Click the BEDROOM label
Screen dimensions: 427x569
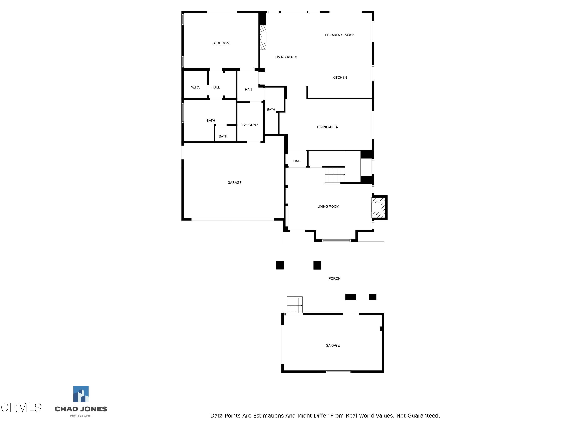(x=221, y=43)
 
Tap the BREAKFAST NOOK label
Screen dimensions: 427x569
(x=340, y=35)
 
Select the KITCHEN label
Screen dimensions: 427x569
(x=340, y=77)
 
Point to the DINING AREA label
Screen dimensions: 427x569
(x=327, y=127)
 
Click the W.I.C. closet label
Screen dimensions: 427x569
(x=195, y=87)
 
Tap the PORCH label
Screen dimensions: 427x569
(x=334, y=278)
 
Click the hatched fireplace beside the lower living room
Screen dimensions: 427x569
(x=379, y=207)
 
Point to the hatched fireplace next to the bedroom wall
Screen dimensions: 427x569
(x=263, y=37)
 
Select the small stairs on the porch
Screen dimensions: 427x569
(x=295, y=305)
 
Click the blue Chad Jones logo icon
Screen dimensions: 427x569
(x=81, y=394)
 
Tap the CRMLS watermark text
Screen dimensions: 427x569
(x=21, y=407)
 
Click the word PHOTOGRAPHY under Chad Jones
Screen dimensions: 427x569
(x=81, y=416)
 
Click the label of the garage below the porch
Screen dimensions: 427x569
(x=332, y=345)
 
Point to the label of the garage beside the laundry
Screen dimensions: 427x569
(x=234, y=183)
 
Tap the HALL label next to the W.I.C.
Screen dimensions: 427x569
(x=216, y=87)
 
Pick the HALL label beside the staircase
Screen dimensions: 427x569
(x=297, y=161)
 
